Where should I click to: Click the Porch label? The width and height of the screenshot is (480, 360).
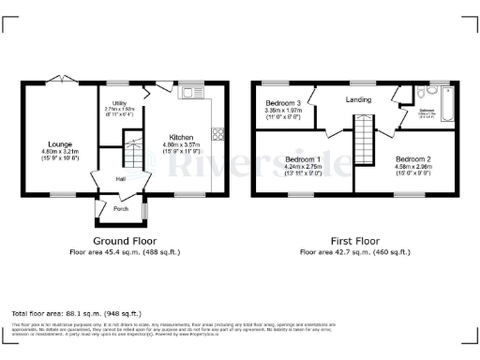pyautogui.click(x=121, y=208)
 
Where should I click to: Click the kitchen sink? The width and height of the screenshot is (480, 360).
pyautogui.click(x=195, y=92)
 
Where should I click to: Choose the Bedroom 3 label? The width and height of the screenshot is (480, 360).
pyautogui.click(x=283, y=102)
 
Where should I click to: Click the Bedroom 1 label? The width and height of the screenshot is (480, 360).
pyautogui.click(x=303, y=159)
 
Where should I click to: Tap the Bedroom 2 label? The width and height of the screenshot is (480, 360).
pyautogui.click(x=413, y=159)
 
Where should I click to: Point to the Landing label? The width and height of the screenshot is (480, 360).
pyautogui.click(x=358, y=99)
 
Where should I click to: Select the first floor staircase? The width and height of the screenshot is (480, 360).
pyautogui.click(x=363, y=141)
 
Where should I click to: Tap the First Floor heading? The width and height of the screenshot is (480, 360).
pyautogui.click(x=354, y=241)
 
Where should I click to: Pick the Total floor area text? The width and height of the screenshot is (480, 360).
pyautogui.click(x=76, y=312)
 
